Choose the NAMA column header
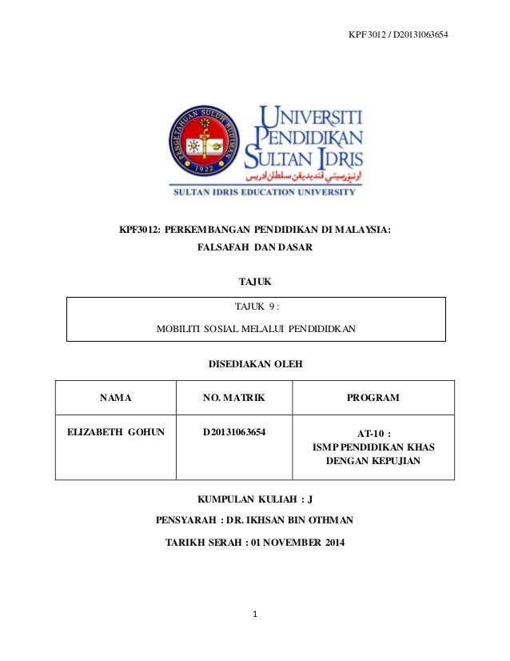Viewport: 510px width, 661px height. [x=115, y=398]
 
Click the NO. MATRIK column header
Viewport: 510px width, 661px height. [x=234, y=398]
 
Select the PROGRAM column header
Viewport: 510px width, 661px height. [x=373, y=398]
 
